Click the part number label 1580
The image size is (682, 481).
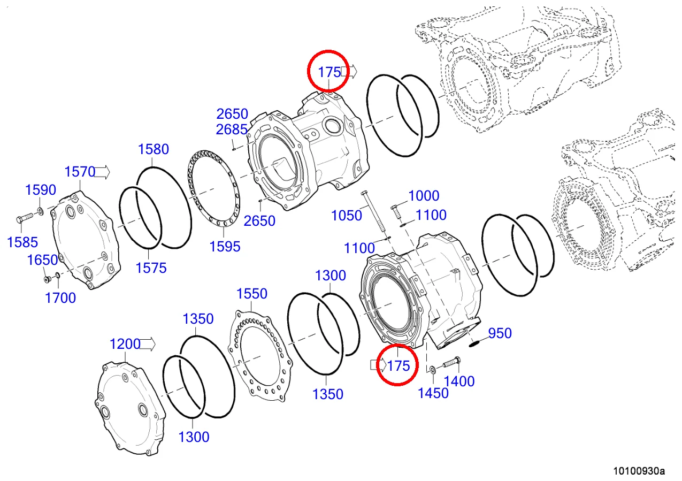point(153,149)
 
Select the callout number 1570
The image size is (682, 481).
point(80,172)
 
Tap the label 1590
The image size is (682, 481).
point(41,190)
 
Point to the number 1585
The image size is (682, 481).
point(22,242)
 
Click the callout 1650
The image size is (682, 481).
point(42,260)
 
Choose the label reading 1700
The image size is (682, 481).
point(60,298)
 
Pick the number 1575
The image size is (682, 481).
point(151,268)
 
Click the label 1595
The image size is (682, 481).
point(225,247)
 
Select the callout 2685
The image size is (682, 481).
point(232,130)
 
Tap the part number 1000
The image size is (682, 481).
point(424,196)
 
